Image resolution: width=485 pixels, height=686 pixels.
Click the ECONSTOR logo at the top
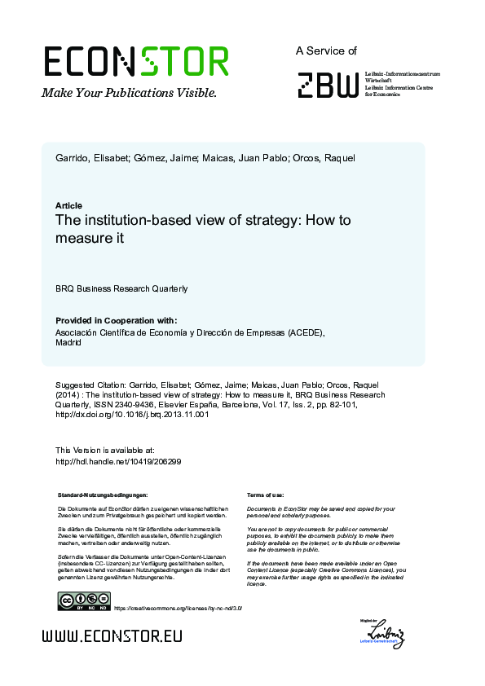pyautogui.click(x=135, y=61)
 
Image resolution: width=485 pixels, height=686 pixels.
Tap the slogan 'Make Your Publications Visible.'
pyautogui.click(x=129, y=93)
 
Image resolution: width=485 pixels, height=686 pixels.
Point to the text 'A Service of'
pyautogui.click(x=326, y=51)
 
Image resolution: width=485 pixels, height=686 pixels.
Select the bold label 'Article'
pyautogui.click(x=68, y=205)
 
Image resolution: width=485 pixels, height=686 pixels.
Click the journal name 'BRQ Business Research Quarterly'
pyautogui.click(x=121, y=288)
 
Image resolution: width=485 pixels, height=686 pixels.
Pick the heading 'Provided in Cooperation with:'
pyautogui.click(x=116, y=320)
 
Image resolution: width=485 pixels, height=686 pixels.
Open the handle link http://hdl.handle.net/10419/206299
pyautogui.click(x=118, y=461)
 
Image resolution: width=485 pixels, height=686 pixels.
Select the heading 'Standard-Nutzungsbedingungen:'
pyautogui.click(x=103, y=495)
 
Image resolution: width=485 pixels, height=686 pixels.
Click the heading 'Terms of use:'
pyautogui.click(x=265, y=495)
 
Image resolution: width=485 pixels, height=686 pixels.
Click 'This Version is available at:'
pyautogui.click(x=104, y=450)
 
